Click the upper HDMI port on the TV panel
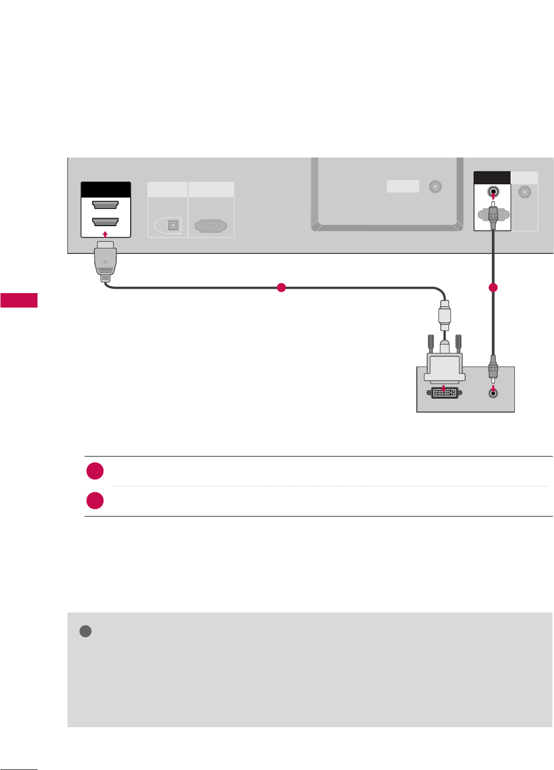click(x=106, y=205)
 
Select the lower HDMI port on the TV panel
click(x=106, y=222)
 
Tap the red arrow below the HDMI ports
click(x=106, y=234)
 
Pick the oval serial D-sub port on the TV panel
click(x=211, y=226)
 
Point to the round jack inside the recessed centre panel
click(x=436, y=187)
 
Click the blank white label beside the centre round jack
click(x=403, y=186)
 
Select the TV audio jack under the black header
click(x=492, y=192)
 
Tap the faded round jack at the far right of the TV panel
click(x=525, y=192)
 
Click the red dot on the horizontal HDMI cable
click(x=281, y=288)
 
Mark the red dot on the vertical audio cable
click(x=493, y=288)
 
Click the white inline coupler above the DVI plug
click(x=444, y=318)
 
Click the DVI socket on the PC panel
click(x=443, y=393)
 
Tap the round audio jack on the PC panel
click(x=493, y=393)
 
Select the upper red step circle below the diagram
click(x=95, y=472)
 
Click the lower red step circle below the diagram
click(x=95, y=500)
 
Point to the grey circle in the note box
click(x=85, y=631)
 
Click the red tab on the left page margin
click(x=19, y=300)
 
